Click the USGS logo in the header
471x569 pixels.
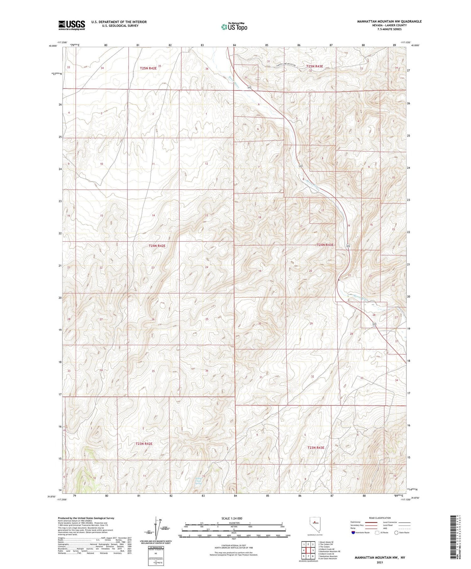click(x=72, y=25)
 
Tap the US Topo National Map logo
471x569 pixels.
click(x=234, y=27)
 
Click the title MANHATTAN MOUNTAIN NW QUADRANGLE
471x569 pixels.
click(x=389, y=21)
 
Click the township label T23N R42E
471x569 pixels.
click(x=144, y=443)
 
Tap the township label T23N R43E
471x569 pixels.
click(x=316, y=448)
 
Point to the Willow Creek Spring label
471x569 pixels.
click(x=198, y=481)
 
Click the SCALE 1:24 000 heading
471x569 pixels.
click(x=232, y=518)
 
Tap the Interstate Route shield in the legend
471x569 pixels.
click(x=354, y=533)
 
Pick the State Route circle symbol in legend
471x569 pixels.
click(x=396, y=533)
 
